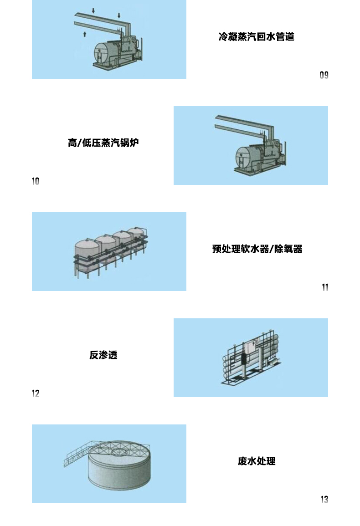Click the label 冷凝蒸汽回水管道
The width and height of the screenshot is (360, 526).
(256, 36)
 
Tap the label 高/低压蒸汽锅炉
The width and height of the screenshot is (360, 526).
(103, 143)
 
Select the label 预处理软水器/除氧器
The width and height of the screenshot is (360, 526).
(257, 249)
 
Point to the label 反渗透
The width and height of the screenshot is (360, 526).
(103, 355)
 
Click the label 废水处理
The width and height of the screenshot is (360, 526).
(257, 461)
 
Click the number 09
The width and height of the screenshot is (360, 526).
(324, 75)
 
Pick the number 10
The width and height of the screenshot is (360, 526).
(35, 181)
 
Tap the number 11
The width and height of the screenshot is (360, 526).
(325, 287)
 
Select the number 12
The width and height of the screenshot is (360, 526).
(35, 393)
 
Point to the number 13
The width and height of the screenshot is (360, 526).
(324, 500)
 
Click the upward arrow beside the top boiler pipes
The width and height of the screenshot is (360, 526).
(85, 34)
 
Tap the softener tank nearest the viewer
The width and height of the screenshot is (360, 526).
(87, 255)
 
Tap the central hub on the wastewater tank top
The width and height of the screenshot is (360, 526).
(118, 451)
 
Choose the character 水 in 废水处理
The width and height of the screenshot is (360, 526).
(252, 461)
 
